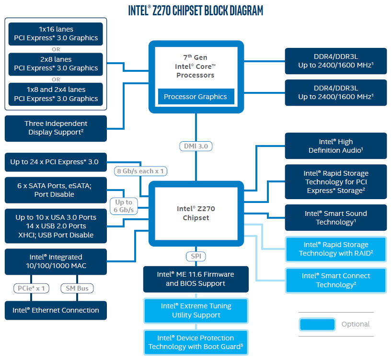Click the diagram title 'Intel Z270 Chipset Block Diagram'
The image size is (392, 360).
[x=196, y=11]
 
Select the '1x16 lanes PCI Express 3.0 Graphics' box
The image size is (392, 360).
[x=56, y=34]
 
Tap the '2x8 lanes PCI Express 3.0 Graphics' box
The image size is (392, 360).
[x=56, y=64]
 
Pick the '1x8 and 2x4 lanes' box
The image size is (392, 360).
[x=56, y=94]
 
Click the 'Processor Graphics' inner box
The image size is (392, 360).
[x=196, y=97]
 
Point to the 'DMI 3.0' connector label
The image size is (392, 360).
[x=196, y=146]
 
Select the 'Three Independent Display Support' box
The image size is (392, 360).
[x=56, y=128]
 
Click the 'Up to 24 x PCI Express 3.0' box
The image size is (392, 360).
[x=56, y=162]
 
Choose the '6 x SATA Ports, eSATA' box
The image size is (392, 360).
[x=56, y=190]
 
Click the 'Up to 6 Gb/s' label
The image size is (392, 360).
[x=124, y=206]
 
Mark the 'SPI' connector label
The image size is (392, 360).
[x=196, y=257]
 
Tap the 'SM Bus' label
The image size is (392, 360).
[x=77, y=288]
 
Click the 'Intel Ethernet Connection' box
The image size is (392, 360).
[x=56, y=310]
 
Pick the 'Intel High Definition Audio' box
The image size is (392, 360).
[x=335, y=146]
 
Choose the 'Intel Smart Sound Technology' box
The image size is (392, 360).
[x=335, y=218]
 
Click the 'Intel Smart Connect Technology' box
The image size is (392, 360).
[x=335, y=280]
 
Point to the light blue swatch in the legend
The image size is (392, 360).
[x=317, y=324]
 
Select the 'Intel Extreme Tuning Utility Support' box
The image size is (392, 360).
[x=196, y=310]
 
